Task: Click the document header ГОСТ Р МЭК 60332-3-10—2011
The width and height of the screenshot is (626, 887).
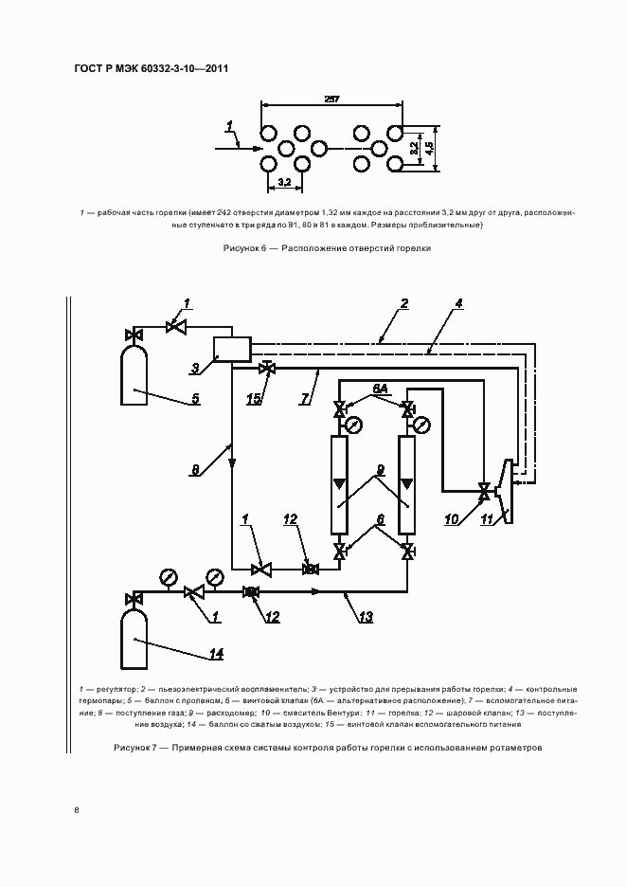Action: (x=151, y=69)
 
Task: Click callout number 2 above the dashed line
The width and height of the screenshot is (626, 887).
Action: (x=403, y=303)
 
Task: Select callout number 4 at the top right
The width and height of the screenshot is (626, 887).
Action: (x=458, y=304)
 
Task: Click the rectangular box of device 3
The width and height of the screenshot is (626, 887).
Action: (x=231, y=348)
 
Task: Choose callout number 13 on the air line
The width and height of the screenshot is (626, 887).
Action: (x=366, y=617)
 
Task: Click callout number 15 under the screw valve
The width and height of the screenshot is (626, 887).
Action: (x=255, y=399)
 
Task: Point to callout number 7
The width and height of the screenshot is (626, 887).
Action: (x=305, y=399)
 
